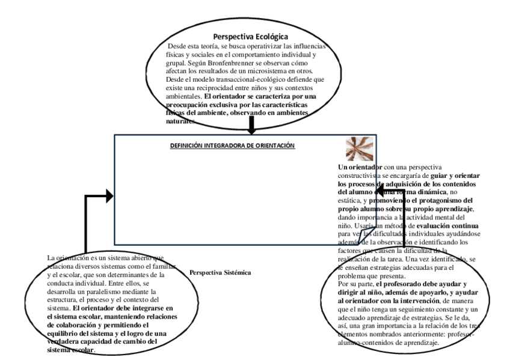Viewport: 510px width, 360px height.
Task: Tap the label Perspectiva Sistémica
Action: point(220,272)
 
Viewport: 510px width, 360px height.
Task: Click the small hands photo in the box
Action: point(355,147)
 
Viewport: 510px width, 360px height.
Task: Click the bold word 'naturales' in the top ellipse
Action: point(179,121)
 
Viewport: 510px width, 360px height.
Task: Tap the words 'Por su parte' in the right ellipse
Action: point(355,282)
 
